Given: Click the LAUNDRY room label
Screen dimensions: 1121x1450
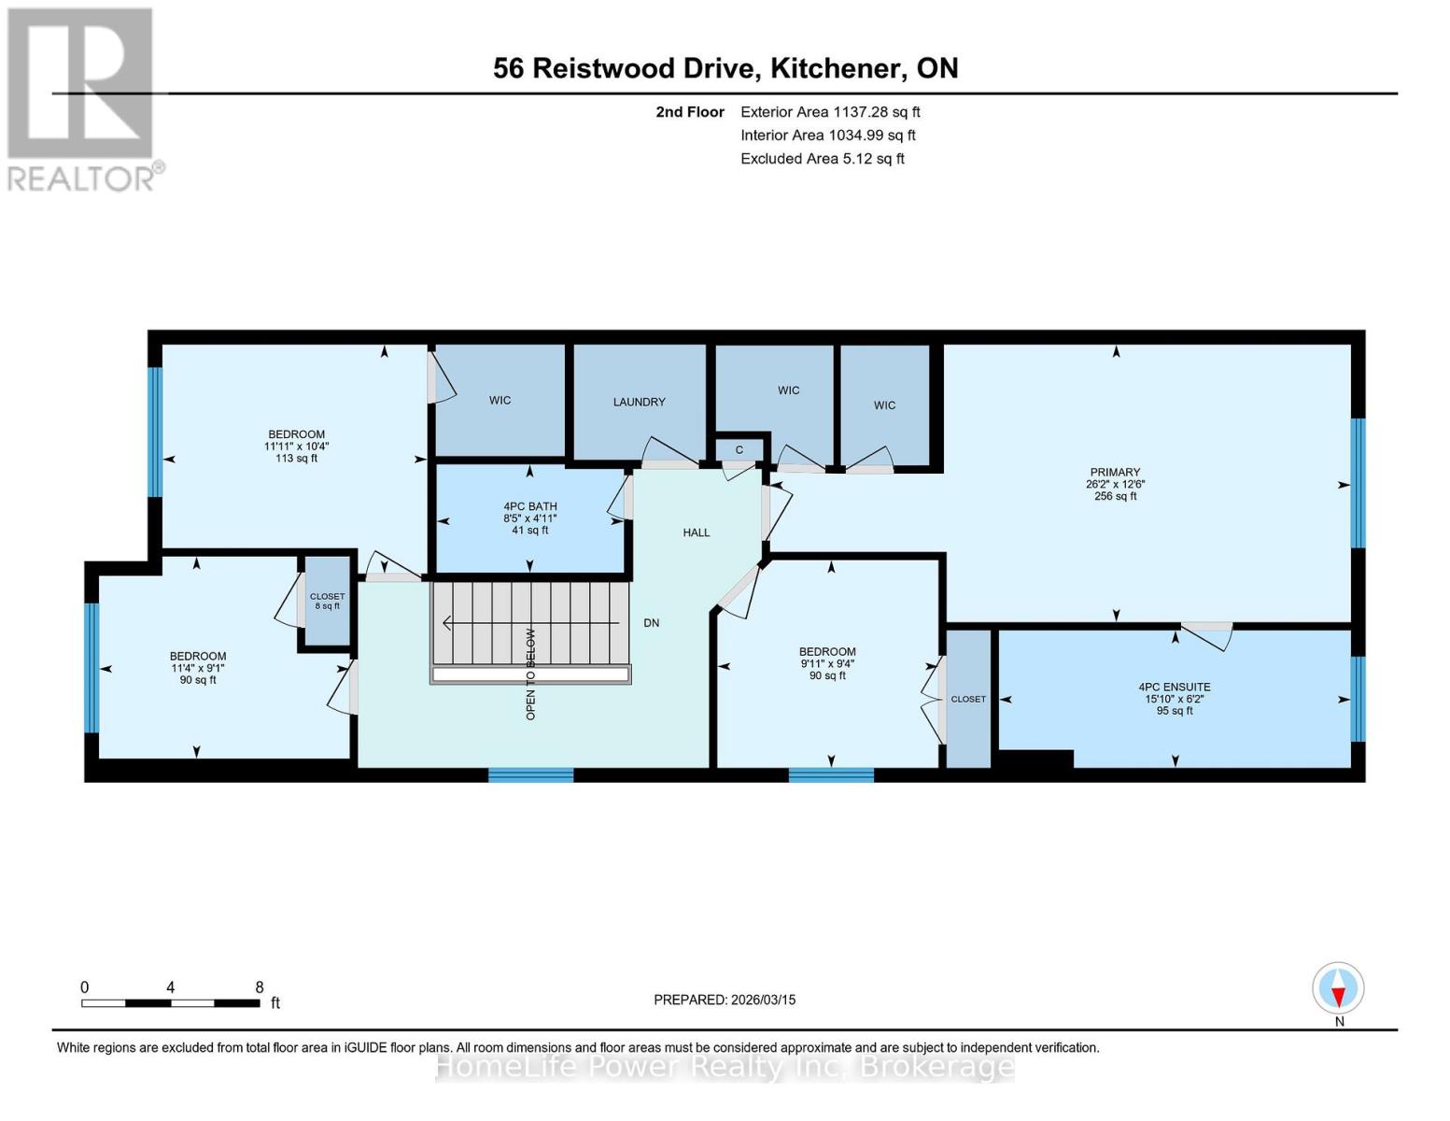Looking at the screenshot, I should (639, 402).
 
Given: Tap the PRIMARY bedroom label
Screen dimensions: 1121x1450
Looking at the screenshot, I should (1115, 472).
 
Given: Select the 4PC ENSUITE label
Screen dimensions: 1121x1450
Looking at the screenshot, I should (1174, 687).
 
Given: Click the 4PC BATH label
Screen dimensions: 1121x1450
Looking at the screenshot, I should (529, 506).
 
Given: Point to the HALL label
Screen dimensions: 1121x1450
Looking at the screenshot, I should (696, 532).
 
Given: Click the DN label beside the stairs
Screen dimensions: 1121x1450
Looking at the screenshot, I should (651, 622).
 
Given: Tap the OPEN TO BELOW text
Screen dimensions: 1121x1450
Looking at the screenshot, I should (530, 673).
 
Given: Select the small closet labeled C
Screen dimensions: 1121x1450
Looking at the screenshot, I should (739, 449).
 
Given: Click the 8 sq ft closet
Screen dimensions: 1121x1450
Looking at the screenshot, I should (327, 602).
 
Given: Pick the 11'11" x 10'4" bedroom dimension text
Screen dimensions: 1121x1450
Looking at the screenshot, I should (296, 447).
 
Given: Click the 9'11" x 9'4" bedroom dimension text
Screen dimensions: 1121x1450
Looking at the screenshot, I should (827, 663).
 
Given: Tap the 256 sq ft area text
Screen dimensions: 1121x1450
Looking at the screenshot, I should (1115, 496).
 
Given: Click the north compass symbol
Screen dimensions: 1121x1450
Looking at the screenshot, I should (1338, 988).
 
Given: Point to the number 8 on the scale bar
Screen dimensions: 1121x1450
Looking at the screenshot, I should (260, 986).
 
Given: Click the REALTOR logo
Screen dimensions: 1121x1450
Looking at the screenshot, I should (81, 98).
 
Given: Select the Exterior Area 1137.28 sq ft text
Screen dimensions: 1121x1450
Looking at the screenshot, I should (830, 111).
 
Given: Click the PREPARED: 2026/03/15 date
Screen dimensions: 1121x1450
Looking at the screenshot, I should (725, 1000).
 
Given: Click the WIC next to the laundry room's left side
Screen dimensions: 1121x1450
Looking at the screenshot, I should (500, 400).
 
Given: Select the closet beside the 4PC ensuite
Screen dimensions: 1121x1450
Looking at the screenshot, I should (968, 699).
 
